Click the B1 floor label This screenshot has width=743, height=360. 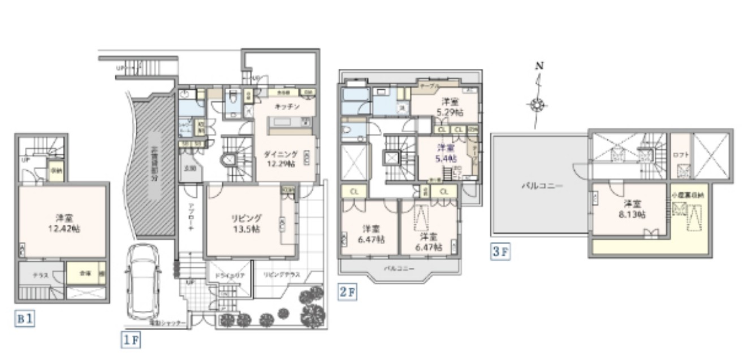(x=25, y=319)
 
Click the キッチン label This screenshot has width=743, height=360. (x=287, y=106)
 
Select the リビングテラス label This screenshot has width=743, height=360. (x=280, y=275)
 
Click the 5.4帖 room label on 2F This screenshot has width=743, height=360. (x=444, y=153)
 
